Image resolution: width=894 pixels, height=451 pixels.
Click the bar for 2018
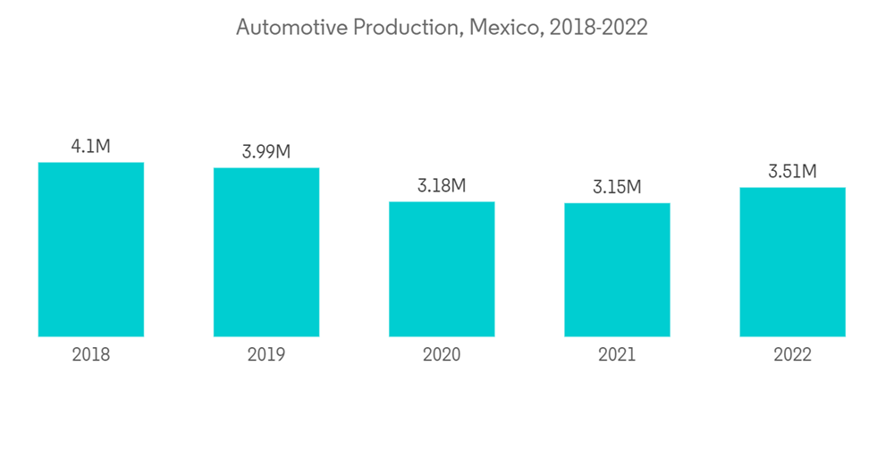[91, 250]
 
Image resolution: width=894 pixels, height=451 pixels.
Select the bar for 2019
[266, 252]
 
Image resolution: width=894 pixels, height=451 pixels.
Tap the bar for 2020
[442, 269]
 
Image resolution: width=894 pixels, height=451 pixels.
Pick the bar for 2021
[617, 270]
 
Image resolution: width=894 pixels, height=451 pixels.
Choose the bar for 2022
[792, 262]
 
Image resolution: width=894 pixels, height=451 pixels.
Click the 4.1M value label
[91, 147]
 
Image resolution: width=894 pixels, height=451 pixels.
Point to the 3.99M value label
[266, 152]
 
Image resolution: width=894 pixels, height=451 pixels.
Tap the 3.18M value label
[442, 186]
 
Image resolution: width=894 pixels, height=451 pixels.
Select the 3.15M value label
[617, 188]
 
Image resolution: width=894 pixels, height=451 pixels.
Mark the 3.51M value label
[792, 172]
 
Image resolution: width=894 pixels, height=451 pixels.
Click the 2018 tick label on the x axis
[91, 355]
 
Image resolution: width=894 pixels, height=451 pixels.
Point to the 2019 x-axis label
[266, 355]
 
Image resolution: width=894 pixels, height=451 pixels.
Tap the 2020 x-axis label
[442, 355]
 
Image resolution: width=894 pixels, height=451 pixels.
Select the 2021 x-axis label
[617, 355]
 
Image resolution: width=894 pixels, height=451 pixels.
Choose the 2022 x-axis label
[792, 355]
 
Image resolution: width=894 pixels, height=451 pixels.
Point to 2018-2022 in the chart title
[598, 28]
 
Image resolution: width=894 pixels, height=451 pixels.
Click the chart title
[442, 28]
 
